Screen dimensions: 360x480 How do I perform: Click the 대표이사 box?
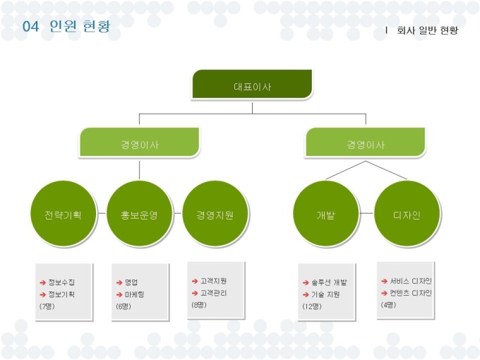(252, 85)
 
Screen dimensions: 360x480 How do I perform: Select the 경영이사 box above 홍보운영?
(139, 143)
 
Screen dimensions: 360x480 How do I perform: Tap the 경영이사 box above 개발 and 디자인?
(365, 143)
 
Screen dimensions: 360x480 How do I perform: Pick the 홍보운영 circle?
(139, 215)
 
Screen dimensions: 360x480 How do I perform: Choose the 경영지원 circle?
(215, 215)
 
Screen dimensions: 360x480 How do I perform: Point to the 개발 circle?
(325, 215)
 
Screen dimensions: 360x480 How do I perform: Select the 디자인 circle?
(407, 215)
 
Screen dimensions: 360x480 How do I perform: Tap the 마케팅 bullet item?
(134, 294)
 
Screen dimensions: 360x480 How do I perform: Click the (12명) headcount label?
(311, 306)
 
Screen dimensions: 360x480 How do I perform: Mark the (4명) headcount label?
(388, 304)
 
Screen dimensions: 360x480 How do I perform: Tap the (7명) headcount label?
(47, 306)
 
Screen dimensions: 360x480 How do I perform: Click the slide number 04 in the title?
(30, 27)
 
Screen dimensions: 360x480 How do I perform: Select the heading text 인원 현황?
(80, 27)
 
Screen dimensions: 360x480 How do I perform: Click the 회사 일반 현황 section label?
(428, 30)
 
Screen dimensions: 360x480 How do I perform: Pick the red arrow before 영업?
(119, 282)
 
